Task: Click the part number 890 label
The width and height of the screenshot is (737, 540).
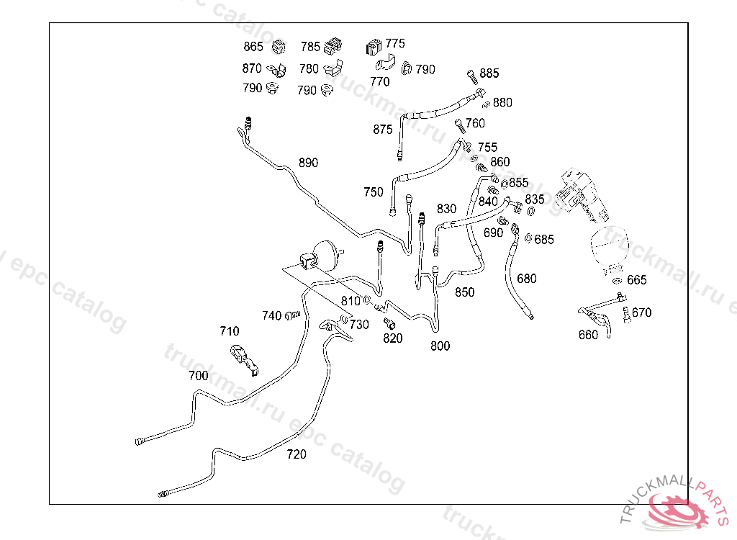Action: click(x=308, y=163)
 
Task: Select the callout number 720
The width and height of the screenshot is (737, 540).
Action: click(x=296, y=454)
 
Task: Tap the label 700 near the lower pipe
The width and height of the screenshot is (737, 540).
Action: click(x=198, y=375)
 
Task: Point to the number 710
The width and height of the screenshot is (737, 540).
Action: click(x=229, y=331)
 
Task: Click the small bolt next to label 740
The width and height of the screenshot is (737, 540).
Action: click(x=292, y=315)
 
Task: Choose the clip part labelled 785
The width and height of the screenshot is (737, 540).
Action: click(x=333, y=47)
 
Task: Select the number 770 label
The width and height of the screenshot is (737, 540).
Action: click(x=379, y=82)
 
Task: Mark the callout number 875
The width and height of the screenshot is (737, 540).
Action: click(x=383, y=130)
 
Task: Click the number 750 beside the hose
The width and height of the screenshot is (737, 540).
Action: click(x=374, y=192)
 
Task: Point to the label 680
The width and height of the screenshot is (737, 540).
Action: click(x=527, y=279)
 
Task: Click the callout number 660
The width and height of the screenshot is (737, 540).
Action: click(x=588, y=335)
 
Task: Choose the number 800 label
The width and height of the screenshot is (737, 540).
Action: click(x=440, y=346)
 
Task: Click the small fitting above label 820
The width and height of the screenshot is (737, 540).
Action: click(x=389, y=322)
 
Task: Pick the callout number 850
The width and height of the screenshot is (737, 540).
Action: click(x=464, y=292)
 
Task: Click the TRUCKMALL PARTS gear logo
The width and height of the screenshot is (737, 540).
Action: click(x=680, y=509)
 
